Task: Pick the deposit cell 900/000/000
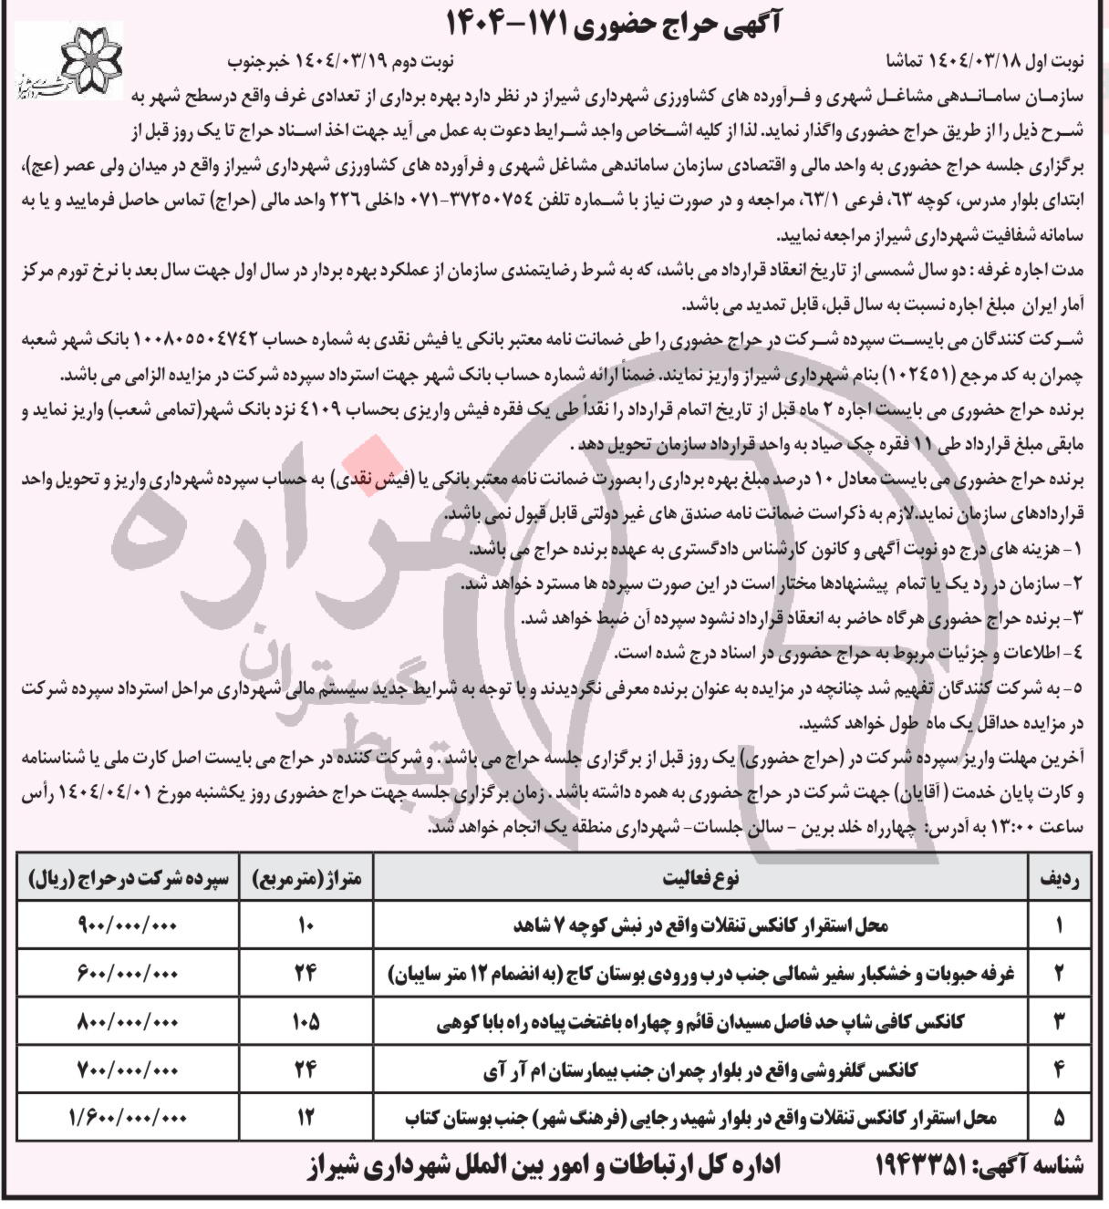pos(128,925)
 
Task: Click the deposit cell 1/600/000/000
pos(128,1117)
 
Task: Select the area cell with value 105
pos(306,1022)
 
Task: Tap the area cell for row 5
pos(306,1117)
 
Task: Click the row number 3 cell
pos(1060,1022)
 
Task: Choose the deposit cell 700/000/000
pos(128,1069)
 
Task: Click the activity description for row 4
pos(702,1069)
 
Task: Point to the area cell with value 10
pos(306,925)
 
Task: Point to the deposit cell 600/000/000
pos(128,974)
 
